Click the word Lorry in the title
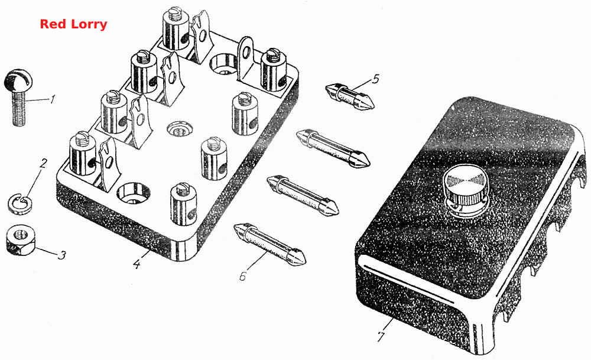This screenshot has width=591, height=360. pos(89,25)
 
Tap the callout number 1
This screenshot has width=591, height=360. pos(53,99)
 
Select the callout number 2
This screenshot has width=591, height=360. pos(44,164)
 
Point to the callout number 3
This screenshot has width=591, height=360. pos(62,255)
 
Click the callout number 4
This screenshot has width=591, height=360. pos(137,264)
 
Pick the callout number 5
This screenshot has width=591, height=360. pos(375,79)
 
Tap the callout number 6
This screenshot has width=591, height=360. pos(243,276)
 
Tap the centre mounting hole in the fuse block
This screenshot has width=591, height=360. pos(178,129)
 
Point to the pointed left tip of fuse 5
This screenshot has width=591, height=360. pos(327,89)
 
